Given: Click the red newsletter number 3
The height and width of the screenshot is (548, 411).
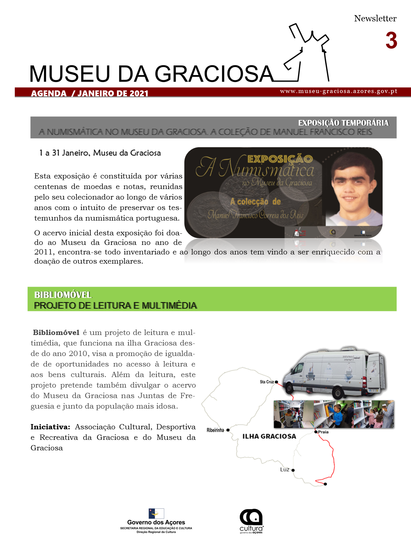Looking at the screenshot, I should click(391, 41).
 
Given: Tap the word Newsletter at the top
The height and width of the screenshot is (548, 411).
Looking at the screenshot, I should click(375, 18).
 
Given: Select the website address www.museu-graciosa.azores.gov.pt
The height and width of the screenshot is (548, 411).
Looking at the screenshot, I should click(339, 91).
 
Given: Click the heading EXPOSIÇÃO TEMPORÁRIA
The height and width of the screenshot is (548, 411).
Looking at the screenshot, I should click(343, 123).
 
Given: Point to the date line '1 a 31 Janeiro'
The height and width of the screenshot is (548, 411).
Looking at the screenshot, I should click(100, 153).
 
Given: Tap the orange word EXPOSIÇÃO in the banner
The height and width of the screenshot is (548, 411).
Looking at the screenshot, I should click(280, 159).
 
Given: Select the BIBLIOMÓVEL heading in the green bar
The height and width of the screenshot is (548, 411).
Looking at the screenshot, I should click(63, 295).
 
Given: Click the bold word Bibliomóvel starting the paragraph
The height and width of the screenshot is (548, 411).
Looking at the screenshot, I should click(56, 333).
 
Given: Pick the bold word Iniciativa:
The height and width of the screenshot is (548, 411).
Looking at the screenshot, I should click(50, 427).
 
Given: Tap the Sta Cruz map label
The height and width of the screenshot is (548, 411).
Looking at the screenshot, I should click(267, 382).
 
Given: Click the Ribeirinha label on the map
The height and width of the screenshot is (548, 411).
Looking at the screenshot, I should click(215, 430).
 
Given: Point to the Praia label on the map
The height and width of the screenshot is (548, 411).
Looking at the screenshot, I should click(324, 432).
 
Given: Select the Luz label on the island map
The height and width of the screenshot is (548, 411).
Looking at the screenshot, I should click(285, 470).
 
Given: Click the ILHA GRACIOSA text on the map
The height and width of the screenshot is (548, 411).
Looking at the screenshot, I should click(269, 437).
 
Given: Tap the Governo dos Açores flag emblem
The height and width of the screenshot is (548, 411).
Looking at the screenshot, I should click(156, 513).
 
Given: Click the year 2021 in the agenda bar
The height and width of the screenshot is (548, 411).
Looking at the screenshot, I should click(139, 93).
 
